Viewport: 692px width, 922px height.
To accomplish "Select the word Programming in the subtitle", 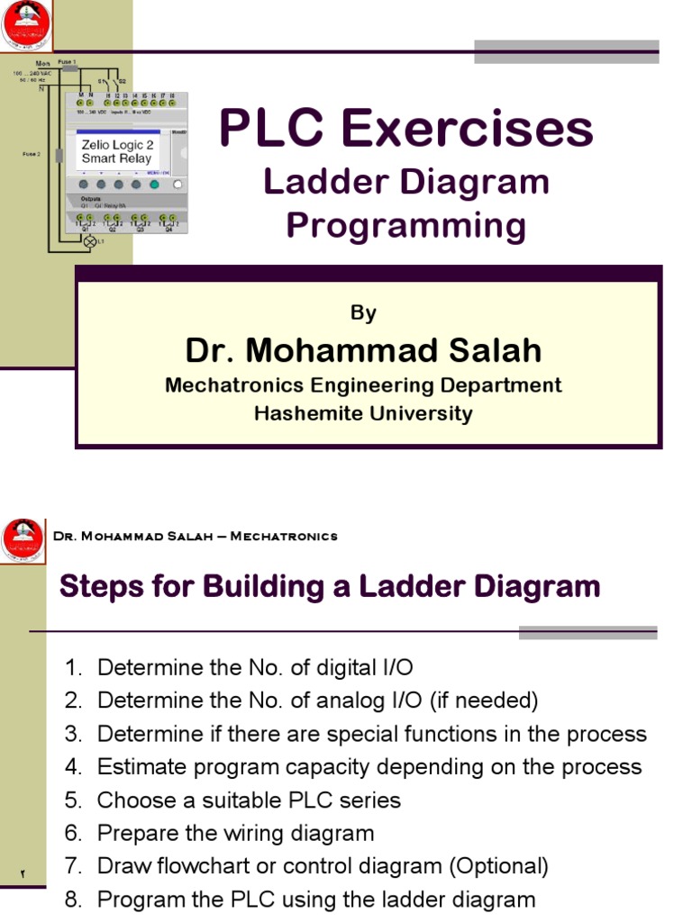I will [405, 225].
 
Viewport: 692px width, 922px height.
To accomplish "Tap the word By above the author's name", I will [363, 312].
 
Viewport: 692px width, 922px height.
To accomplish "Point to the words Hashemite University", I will [363, 413].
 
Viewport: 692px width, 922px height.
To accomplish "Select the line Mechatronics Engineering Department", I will [363, 385].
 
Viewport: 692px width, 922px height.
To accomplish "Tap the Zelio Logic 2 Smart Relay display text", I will [116, 151].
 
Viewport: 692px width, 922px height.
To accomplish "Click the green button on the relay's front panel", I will [154, 184].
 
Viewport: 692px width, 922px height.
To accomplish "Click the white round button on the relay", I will [178, 184].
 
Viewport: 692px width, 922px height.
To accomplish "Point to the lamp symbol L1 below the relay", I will [89, 242].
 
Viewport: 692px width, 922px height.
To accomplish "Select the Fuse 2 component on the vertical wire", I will [59, 155].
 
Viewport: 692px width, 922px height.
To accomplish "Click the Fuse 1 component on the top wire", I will [68, 68].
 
